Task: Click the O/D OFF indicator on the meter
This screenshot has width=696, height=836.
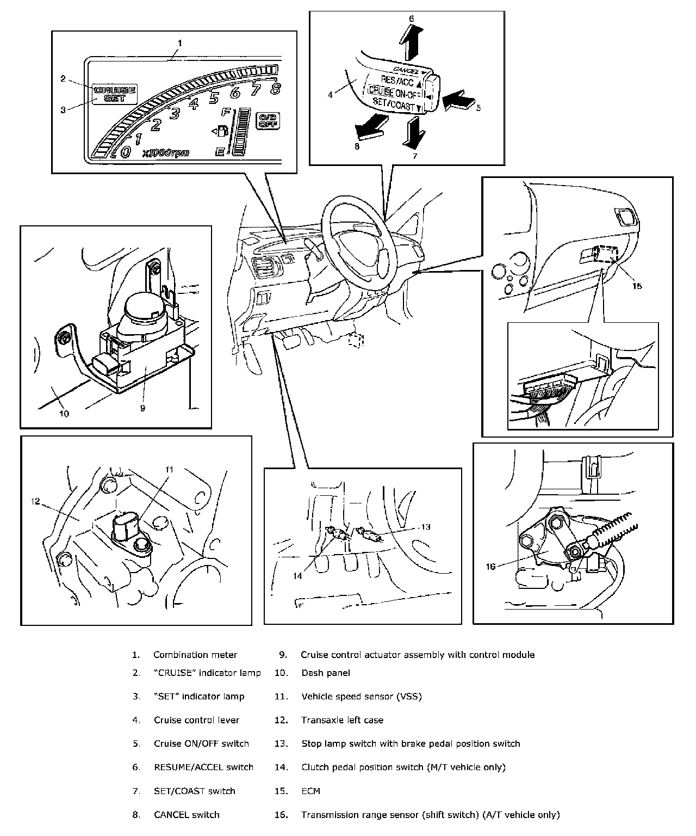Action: click(x=267, y=120)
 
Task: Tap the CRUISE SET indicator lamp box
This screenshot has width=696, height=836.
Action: click(x=115, y=94)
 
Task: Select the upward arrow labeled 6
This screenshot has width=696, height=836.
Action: click(x=411, y=42)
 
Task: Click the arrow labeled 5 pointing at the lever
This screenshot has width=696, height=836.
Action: click(x=458, y=101)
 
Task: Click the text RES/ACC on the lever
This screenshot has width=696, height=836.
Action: click(x=397, y=82)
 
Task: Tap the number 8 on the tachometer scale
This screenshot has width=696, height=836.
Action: click(x=275, y=89)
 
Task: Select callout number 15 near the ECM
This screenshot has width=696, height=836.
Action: click(x=637, y=285)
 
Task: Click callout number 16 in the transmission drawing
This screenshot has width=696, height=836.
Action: click(x=490, y=566)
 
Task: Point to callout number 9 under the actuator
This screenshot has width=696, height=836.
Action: click(x=142, y=407)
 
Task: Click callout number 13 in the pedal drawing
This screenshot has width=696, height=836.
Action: click(x=425, y=526)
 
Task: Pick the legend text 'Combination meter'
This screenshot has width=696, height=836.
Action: click(x=195, y=655)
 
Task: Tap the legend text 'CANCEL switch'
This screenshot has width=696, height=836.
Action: click(x=187, y=815)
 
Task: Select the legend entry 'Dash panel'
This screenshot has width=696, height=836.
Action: click(x=325, y=673)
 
